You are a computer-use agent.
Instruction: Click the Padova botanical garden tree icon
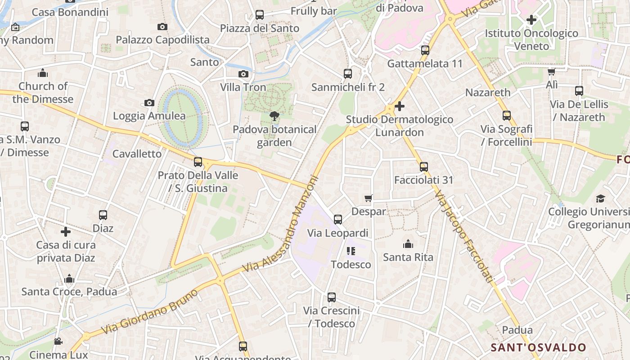[274, 117]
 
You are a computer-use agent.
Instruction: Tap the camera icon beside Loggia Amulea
[149, 103]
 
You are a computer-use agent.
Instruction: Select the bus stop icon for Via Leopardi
[338, 220]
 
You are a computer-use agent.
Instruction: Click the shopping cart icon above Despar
[369, 198]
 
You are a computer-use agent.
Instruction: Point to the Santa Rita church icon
[408, 244]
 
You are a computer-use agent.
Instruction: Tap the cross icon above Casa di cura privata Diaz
[66, 232]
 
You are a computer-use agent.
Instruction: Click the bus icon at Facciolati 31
[423, 167]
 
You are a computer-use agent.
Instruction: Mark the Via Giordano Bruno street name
[149, 312]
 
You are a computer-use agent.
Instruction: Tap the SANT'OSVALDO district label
[538, 347]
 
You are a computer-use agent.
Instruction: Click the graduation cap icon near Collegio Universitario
[600, 198]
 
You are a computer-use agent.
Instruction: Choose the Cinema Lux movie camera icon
[58, 341]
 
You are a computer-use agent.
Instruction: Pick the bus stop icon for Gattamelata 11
[425, 50]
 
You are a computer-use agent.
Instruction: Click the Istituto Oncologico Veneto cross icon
[531, 20]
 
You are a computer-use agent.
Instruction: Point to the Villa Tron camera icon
[243, 74]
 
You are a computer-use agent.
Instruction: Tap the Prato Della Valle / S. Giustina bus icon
[198, 162]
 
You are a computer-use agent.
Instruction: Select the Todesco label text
[351, 264]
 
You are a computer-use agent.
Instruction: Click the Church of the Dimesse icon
[43, 73]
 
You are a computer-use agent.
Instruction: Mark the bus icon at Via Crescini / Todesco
[332, 297]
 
